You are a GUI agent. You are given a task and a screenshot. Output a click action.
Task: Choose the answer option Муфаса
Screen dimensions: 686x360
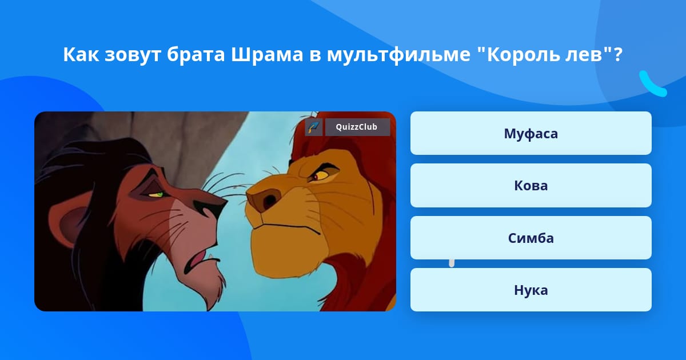click(531, 133)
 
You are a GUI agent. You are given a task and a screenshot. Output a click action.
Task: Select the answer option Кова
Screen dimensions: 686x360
click(531, 186)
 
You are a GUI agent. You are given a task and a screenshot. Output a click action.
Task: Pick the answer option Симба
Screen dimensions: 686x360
click(531, 238)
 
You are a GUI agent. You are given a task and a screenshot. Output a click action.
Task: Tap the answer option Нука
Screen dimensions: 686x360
click(531, 290)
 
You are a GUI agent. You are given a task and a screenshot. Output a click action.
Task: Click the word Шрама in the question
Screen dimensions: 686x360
click(267, 54)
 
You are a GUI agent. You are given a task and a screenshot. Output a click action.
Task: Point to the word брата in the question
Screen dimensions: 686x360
click(196, 54)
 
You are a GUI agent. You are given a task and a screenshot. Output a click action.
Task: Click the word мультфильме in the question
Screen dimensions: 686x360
click(398, 55)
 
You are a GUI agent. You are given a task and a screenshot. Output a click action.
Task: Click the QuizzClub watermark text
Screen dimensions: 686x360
click(357, 127)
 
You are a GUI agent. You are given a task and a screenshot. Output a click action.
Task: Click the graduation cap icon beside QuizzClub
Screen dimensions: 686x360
click(314, 127)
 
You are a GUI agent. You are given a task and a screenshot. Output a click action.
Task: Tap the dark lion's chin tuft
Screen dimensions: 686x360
click(212, 288)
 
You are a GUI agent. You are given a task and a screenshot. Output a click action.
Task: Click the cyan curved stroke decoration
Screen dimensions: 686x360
click(651, 85)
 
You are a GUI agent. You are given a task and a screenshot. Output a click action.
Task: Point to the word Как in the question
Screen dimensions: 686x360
click(81, 54)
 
